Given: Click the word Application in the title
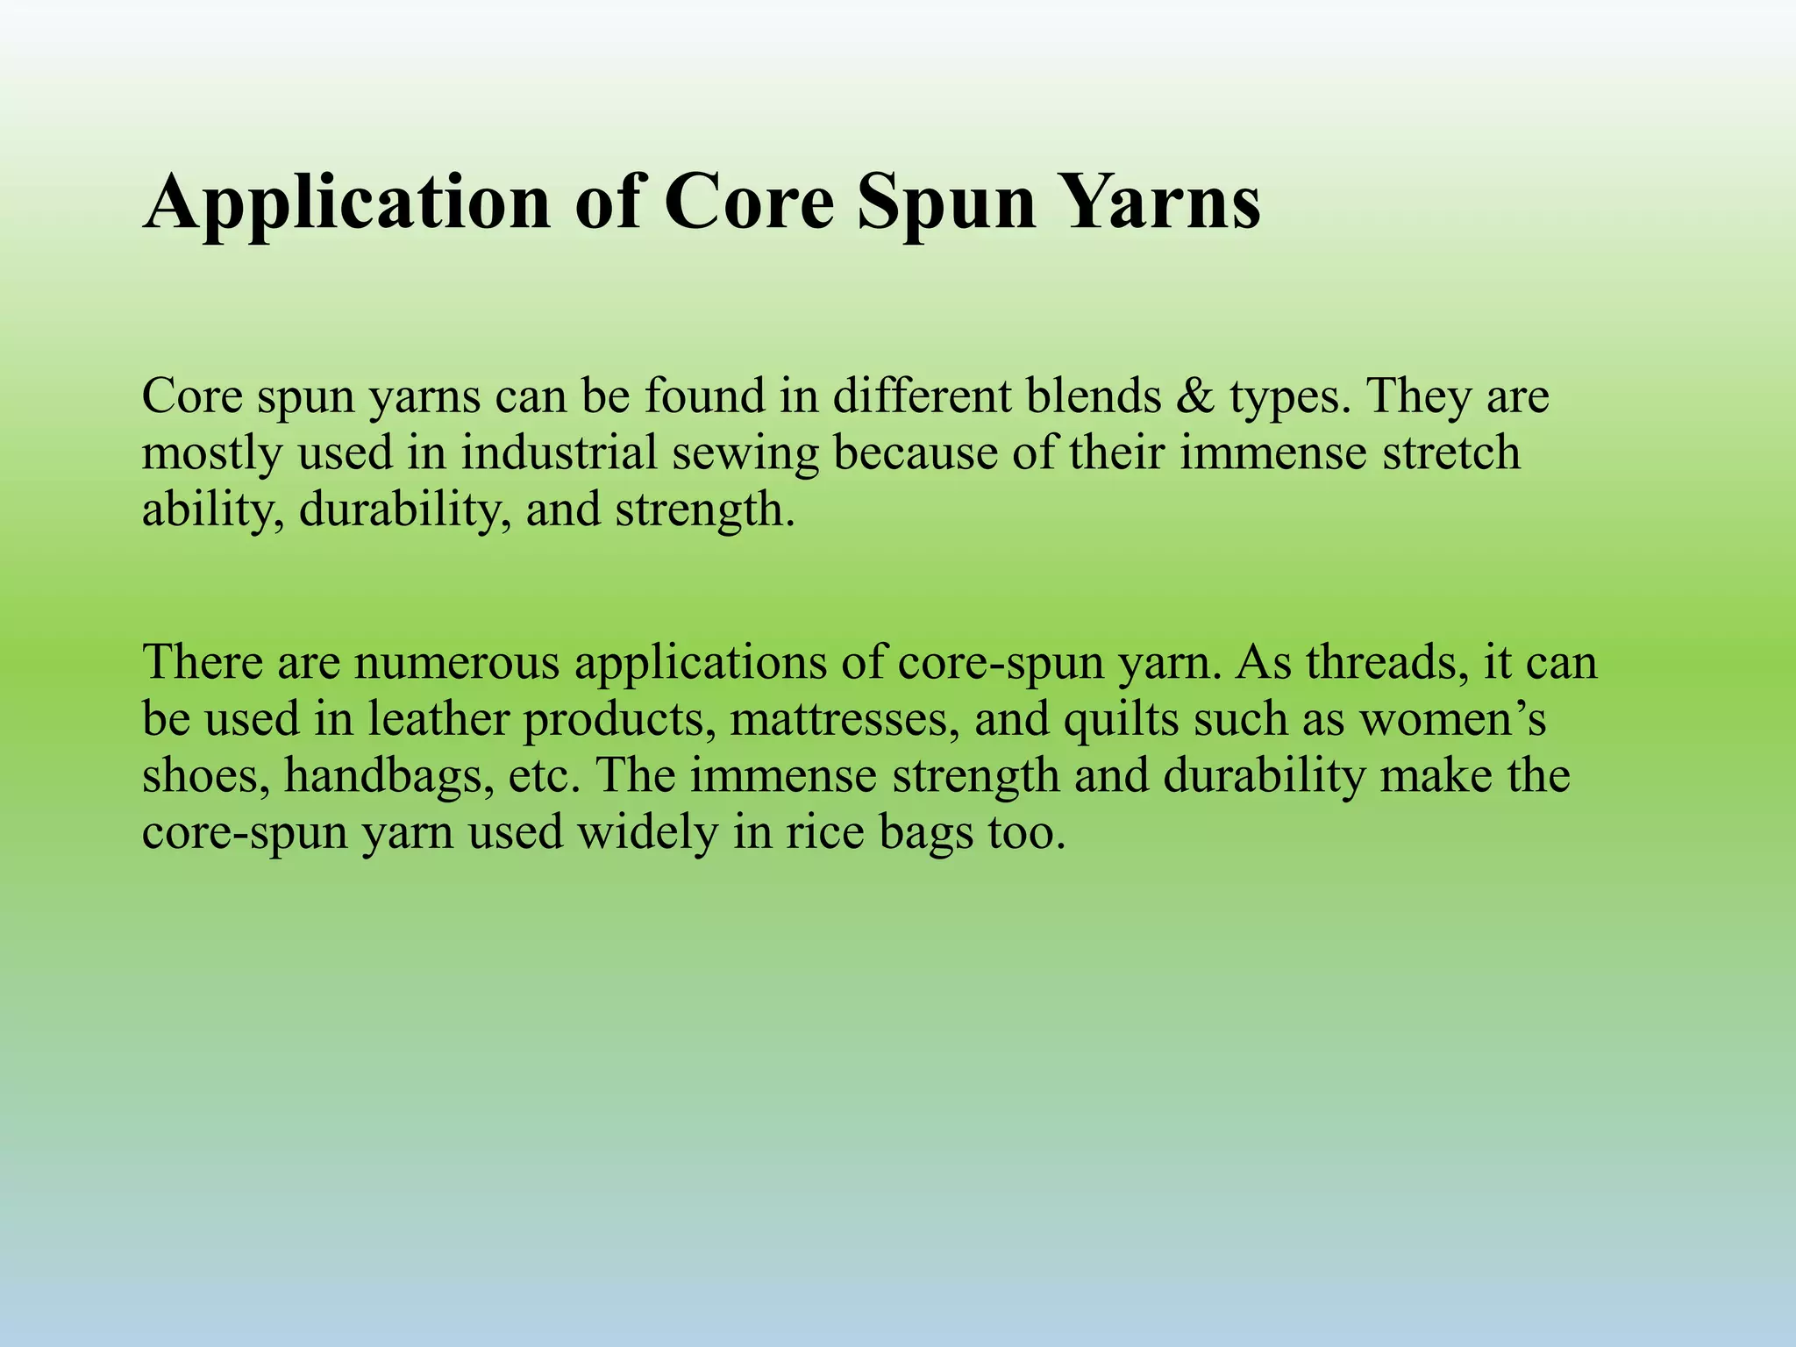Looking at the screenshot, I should (346, 203).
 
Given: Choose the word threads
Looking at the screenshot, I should (1387, 663).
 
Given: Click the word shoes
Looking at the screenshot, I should (206, 777).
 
